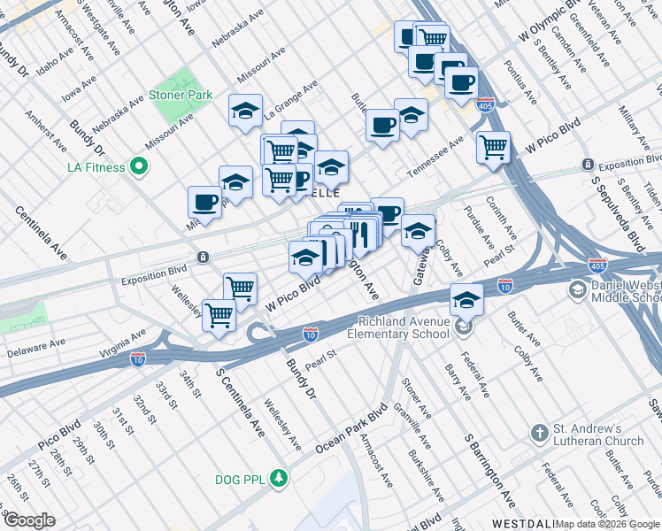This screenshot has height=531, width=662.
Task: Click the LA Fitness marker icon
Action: coord(138,165)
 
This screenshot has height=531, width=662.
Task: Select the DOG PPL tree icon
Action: coord(281,479)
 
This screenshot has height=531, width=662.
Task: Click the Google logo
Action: coord(28,520)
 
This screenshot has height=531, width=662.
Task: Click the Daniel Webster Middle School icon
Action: coord(577,290)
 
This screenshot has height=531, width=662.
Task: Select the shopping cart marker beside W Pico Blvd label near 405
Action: coord(493,146)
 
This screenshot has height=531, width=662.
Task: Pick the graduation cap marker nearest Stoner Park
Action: coord(245,111)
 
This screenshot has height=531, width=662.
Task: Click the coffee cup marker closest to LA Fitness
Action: coord(204,201)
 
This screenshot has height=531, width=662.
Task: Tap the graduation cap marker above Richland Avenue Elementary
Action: coord(466,298)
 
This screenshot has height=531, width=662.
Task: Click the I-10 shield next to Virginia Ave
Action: coord(138,359)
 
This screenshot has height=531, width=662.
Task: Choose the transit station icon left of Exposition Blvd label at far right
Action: coord(588,165)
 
